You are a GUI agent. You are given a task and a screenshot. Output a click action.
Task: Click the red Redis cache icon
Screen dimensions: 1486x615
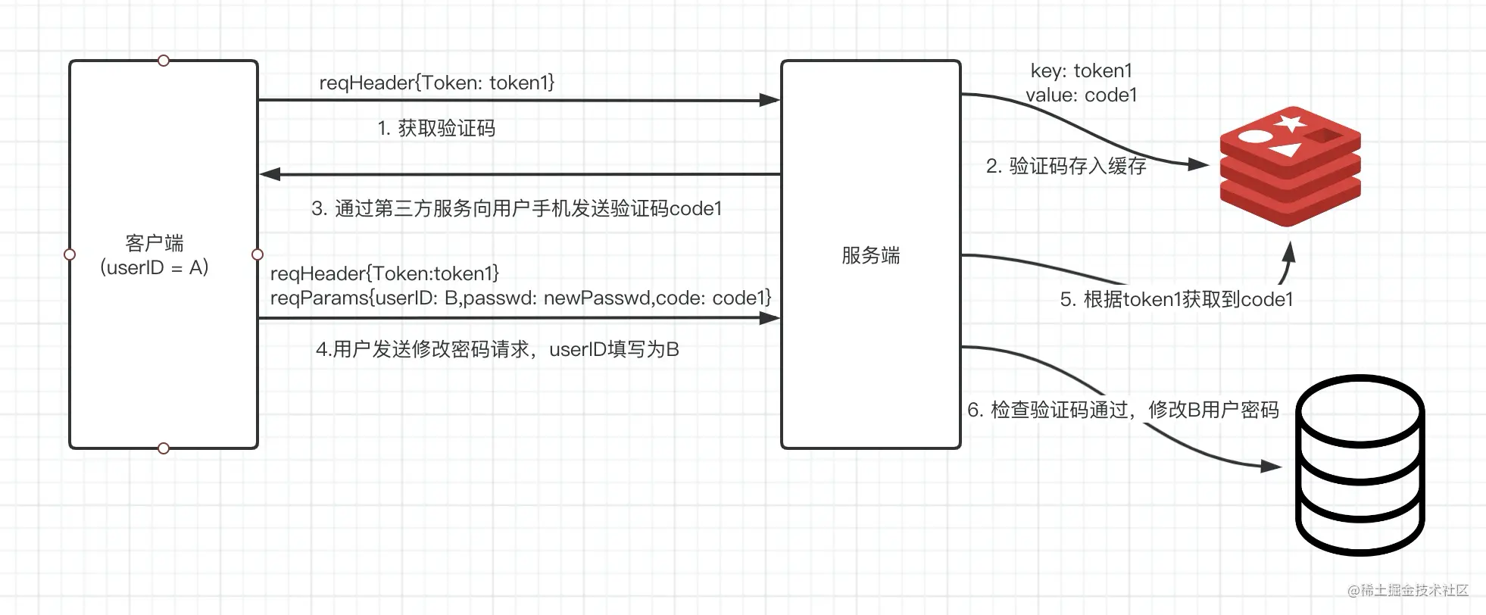click(1290, 166)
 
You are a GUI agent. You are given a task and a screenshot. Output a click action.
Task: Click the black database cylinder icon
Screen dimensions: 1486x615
click(1360, 465)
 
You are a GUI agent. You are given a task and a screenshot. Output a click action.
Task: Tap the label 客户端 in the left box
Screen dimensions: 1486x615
click(155, 243)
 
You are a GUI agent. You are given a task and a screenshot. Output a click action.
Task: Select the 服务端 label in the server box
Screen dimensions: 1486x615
click(871, 255)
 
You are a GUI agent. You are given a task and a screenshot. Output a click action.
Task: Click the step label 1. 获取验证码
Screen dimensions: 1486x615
click(436, 128)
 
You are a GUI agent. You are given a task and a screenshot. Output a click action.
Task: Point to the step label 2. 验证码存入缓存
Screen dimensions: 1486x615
click(1066, 166)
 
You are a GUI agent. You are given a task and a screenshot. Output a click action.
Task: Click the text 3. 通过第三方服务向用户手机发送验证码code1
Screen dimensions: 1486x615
click(517, 208)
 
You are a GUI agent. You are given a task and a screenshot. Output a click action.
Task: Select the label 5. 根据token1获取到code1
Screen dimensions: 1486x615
click(1176, 299)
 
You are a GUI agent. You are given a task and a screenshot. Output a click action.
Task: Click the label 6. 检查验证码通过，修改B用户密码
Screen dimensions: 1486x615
click(1123, 410)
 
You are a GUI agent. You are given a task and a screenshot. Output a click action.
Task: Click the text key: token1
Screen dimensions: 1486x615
click(1082, 70)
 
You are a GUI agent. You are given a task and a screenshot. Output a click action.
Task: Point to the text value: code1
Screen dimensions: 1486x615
click(1082, 95)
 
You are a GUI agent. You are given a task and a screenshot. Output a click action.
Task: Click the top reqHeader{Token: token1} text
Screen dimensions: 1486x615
click(437, 83)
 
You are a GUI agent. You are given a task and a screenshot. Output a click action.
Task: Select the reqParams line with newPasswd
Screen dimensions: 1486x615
click(521, 298)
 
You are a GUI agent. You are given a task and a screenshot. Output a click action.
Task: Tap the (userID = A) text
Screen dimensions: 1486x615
click(155, 267)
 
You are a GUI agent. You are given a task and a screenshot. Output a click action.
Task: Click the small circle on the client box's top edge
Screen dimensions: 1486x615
click(164, 61)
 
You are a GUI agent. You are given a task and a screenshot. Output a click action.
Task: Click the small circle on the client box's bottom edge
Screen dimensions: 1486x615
click(164, 448)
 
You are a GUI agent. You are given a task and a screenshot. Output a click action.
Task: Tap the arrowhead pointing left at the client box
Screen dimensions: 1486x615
click(270, 174)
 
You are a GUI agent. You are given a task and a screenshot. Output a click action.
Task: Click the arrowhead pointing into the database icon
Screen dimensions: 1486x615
click(1271, 467)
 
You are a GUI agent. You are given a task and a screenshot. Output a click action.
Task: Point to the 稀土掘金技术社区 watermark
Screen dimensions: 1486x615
click(1408, 590)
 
